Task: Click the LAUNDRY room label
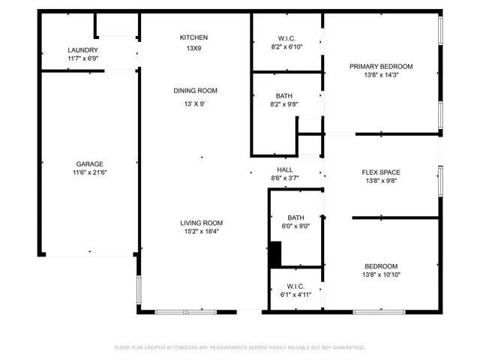[x=82, y=50]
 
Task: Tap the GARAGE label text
[x=89, y=163]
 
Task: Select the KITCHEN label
[x=193, y=37]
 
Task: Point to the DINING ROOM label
[x=195, y=91]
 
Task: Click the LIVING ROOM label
[x=201, y=223]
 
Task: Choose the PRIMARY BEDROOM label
[x=381, y=67]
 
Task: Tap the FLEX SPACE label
[x=381, y=172]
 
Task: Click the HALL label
[x=285, y=170]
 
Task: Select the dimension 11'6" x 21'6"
[x=89, y=172]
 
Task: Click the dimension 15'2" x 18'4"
[x=201, y=232]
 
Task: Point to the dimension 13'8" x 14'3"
[x=381, y=75]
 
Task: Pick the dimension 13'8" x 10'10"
[x=381, y=274]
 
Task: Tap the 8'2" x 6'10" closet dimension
[x=285, y=46]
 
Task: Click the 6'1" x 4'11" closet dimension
[x=295, y=295]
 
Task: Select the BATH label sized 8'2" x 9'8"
[x=284, y=96]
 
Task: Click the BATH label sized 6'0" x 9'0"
[x=295, y=218]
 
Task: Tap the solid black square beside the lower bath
[x=275, y=253]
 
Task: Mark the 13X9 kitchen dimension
[x=193, y=49]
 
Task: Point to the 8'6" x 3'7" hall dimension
[x=285, y=178]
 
